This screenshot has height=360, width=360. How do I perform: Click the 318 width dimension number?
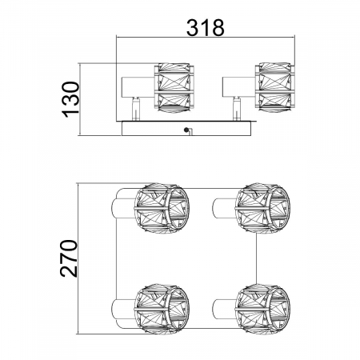205,27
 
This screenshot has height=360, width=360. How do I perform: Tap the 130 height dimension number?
70,99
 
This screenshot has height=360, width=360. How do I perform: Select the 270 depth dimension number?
69,258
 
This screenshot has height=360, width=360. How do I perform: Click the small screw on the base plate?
186,130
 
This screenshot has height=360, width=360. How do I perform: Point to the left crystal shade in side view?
174,88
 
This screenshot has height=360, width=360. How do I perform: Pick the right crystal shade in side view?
274,88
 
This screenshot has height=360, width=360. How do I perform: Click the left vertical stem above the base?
136,109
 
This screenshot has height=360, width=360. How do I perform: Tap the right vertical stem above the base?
236,109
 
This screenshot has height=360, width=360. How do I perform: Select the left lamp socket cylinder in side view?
138,87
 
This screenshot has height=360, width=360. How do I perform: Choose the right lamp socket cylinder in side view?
239,87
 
